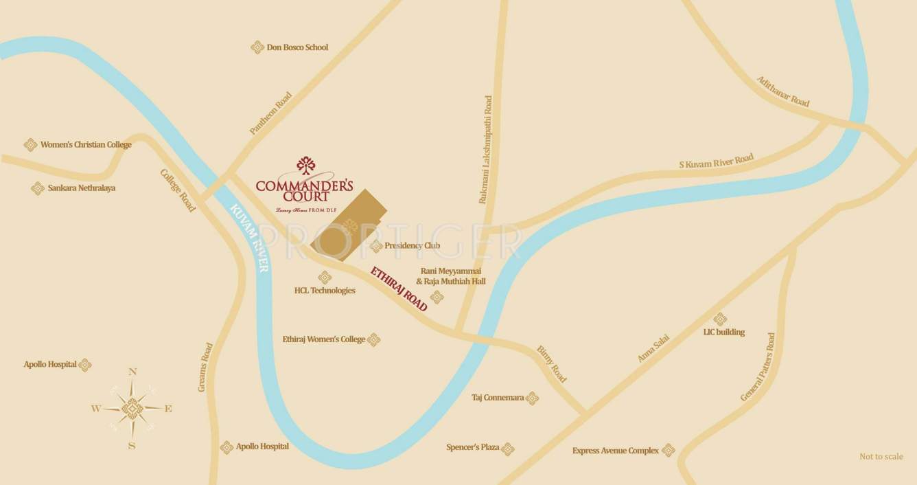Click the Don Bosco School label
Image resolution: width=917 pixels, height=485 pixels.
click(x=297, y=47)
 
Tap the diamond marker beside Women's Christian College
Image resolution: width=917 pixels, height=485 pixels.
click(x=30, y=145)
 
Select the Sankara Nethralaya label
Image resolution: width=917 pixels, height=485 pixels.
click(x=81, y=188)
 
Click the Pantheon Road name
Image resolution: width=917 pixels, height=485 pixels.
click(x=270, y=113)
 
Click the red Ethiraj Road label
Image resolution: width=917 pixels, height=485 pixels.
click(x=399, y=289)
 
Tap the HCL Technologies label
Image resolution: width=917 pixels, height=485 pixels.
click(x=325, y=291)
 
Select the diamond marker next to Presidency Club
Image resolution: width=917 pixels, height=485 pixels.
click(x=376, y=246)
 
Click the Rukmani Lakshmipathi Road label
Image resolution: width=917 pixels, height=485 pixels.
click(x=486, y=149)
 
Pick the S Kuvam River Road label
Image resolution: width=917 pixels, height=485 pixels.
click(x=716, y=161)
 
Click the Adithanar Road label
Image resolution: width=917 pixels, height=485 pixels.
click(x=783, y=91)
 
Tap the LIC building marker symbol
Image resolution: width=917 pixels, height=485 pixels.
click(x=720, y=319)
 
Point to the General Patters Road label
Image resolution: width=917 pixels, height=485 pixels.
click(x=758, y=368)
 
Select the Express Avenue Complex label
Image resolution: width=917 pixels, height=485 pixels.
click(x=615, y=451)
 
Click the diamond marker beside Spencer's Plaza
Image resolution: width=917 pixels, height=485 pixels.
click(x=508, y=449)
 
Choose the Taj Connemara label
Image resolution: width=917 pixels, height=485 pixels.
click(x=498, y=398)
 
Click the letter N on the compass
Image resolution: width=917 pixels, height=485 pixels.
click(x=132, y=372)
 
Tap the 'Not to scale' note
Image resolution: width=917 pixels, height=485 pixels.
click(x=881, y=457)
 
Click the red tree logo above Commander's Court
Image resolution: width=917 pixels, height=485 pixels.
click(x=305, y=166)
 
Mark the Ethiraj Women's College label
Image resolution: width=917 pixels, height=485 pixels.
click(x=323, y=339)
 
